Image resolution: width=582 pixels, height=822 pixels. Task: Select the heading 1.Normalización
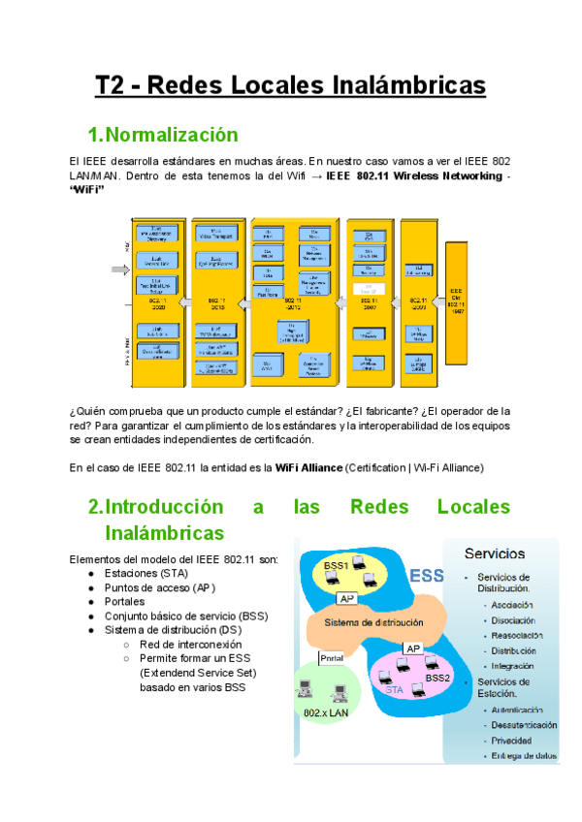click(x=162, y=135)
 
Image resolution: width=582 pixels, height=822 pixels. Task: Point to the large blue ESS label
click(x=426, y=576)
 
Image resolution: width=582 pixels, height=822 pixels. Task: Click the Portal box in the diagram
click(x=332, y=657)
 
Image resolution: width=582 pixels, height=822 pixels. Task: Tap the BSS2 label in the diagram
click(x=438, y=679)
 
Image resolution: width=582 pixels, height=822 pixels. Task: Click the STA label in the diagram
click(x=394, y=690)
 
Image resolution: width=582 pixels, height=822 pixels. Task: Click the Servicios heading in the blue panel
click(x=495, y=553)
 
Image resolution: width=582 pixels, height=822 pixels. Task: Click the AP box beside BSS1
click(x=347, y=598)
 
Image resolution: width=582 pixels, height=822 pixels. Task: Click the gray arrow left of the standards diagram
click(x=119, y=270)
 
